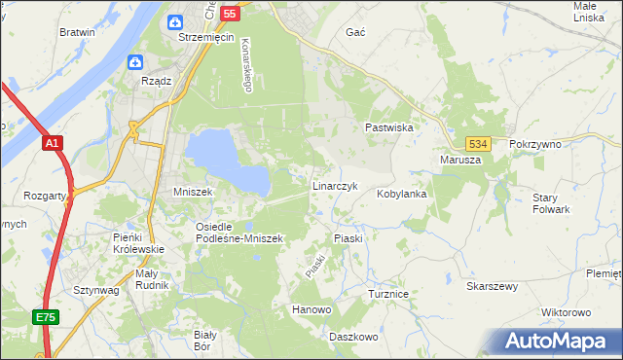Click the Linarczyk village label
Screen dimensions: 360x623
[x=336, y=185]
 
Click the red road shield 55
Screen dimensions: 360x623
[x=230, y=13]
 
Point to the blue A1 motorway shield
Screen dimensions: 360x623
[x=53, y=144]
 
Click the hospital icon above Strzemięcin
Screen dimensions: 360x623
[x=176, y=21]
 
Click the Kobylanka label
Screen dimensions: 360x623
[x=402, y=194]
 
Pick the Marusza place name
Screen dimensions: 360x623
[x=460, y=160]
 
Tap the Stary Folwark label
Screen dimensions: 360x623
[x=551, y=203]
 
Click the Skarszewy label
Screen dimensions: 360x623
[x=492, y=287]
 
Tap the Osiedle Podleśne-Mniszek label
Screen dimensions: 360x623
[x=238, y=233]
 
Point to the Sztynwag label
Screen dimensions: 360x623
[x=95, y=290]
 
